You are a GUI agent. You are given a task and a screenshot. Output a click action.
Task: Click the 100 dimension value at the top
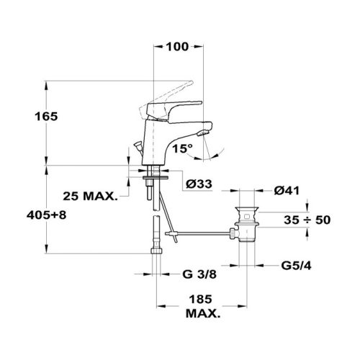tap(177, 47)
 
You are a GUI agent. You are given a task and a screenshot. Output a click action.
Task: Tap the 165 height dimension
tap(46, 117)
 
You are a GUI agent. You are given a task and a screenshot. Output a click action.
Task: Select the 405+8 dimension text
tap(46, 215)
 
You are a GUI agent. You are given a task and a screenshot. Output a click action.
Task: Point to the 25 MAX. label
tap(91, 197)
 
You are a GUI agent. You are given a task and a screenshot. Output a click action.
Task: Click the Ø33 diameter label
tap(199, 184)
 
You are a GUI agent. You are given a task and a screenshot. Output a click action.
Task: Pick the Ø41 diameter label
tap(287, 191)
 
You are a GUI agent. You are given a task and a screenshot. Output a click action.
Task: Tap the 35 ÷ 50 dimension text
tap(307, 220)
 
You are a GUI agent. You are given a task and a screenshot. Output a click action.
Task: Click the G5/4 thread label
tap(296, 266)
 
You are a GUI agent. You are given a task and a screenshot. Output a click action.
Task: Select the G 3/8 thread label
tap(199, 274)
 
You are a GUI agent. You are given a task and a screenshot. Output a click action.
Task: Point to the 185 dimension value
tap(201, 300)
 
